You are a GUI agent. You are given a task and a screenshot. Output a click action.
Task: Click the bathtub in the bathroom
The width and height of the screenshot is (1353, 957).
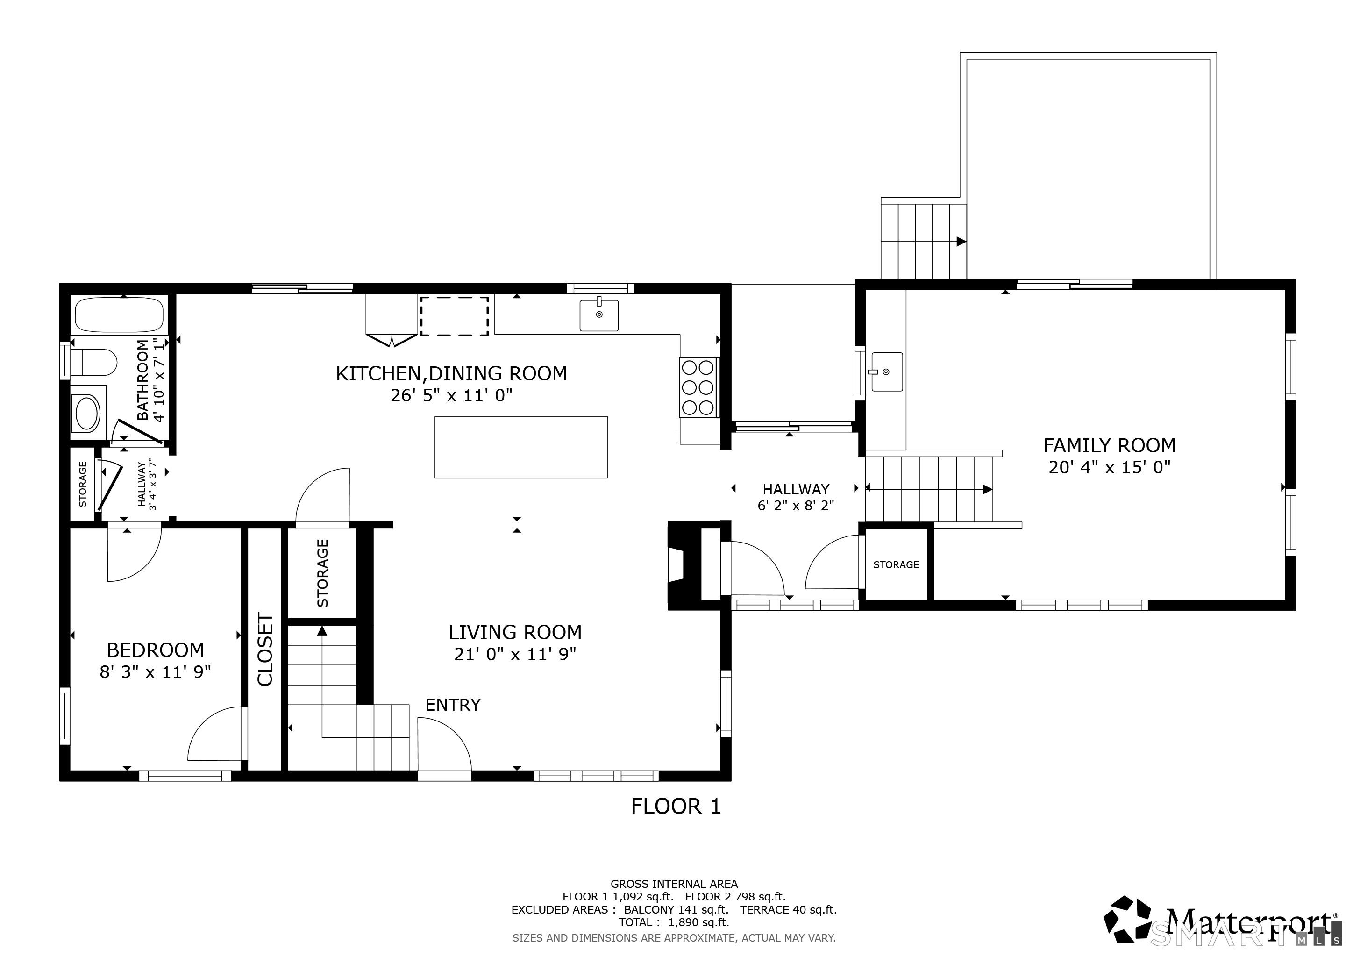(120, 314)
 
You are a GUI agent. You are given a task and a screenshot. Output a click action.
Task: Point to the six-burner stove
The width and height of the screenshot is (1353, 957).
(698, 387)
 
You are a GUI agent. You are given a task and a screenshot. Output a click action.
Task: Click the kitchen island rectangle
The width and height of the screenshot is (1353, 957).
(521, 447)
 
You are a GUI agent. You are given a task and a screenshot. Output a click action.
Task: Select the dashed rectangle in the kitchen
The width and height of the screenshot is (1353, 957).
(454, 316)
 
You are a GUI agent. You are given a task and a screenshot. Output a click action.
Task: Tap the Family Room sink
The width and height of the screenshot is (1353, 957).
(886, 372)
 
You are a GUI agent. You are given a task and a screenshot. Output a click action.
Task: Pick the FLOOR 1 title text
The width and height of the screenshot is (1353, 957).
(676, 807)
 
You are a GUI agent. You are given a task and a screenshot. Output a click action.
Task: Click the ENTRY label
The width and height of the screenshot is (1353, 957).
(453, 705)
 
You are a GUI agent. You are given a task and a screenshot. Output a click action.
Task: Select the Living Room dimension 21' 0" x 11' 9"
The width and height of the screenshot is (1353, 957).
(515, 654)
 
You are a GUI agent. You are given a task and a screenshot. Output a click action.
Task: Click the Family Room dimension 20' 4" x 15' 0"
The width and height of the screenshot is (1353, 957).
(1110, 467)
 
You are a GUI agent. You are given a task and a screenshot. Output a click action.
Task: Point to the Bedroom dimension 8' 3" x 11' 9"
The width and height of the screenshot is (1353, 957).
(155, 672)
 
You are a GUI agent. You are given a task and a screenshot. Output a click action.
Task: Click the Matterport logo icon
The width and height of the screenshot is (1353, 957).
(1127, 920)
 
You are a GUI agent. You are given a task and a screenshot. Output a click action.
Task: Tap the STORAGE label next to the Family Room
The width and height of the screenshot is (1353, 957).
(896, 564)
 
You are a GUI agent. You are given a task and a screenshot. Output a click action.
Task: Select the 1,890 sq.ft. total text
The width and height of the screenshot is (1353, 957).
(698, 922)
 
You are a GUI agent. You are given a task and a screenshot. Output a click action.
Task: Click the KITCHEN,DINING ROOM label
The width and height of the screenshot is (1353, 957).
(451, 374)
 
